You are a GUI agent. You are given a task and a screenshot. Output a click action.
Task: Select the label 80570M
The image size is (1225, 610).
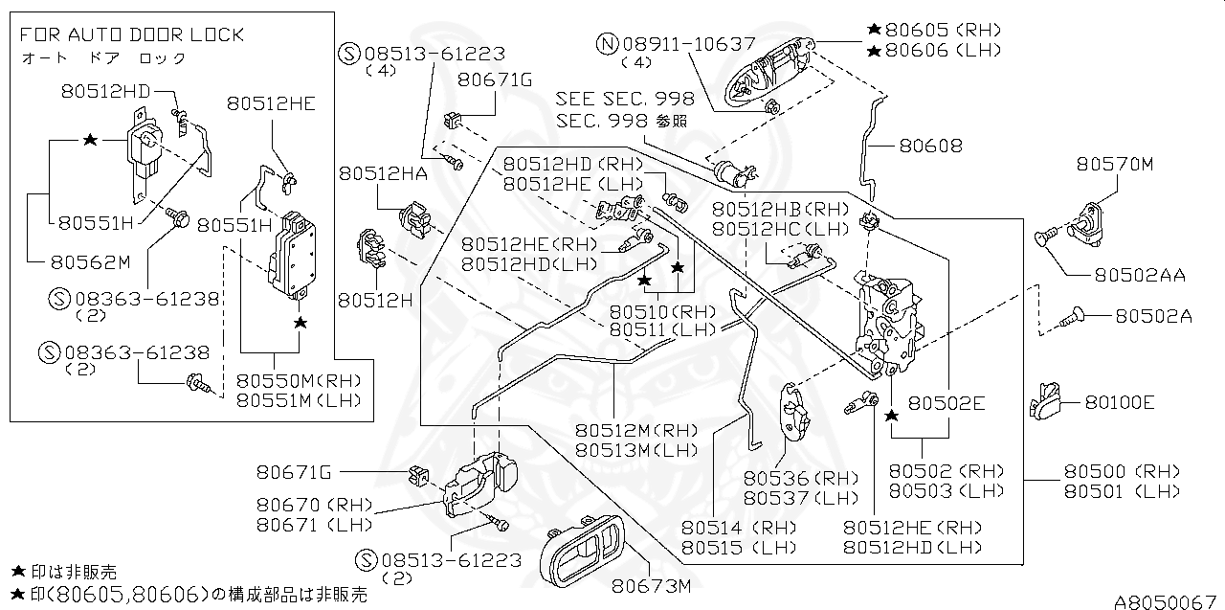[x=1114, y=164]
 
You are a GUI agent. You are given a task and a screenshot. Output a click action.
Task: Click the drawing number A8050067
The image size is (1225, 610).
[x=1165, y=601]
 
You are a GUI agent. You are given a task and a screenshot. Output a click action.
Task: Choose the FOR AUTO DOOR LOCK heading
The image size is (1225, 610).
[x=132, y=34]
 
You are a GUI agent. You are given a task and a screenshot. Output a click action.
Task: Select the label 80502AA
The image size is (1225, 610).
[x=1139, y=275]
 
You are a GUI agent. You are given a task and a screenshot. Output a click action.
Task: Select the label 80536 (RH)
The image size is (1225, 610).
[x=788, y=478]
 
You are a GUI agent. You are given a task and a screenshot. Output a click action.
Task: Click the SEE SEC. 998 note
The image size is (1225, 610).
[x=624, y=100]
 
